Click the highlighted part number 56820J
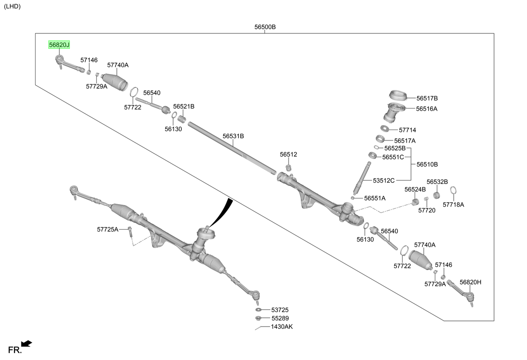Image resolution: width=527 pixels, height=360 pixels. click(x=59, y=45)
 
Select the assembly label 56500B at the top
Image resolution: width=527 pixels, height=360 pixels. click(x=265, y=27)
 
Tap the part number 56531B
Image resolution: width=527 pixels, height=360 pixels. click(x=233, y=136)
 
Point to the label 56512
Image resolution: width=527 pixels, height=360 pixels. click(x=289, y=155)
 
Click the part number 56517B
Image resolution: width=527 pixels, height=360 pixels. click(x=427, y=98)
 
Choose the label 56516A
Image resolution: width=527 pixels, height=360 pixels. click(x=426, y=109)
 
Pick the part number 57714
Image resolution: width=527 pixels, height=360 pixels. click(x=408, y=130)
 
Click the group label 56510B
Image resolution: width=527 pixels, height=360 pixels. click(x=427, y=165)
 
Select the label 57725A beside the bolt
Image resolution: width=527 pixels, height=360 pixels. click(x=108, y=230)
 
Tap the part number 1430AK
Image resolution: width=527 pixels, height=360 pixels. click(x=282, y=327)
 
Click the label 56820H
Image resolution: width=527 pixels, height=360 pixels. click(x=470, y=282)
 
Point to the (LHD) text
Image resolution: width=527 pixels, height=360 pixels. click(x=12, y=6)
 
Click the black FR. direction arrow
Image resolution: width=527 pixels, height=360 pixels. click(x=27, y=344)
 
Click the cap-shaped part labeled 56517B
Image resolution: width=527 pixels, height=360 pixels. click(x=398, y=95)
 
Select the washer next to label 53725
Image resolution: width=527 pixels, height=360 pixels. click(x=258, y=310)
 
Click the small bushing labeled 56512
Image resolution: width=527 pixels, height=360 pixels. click(x=289, y=168)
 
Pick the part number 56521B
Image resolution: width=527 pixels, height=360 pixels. click(x=184, y=107)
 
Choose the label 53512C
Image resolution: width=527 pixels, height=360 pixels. click(x=384, y=180)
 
